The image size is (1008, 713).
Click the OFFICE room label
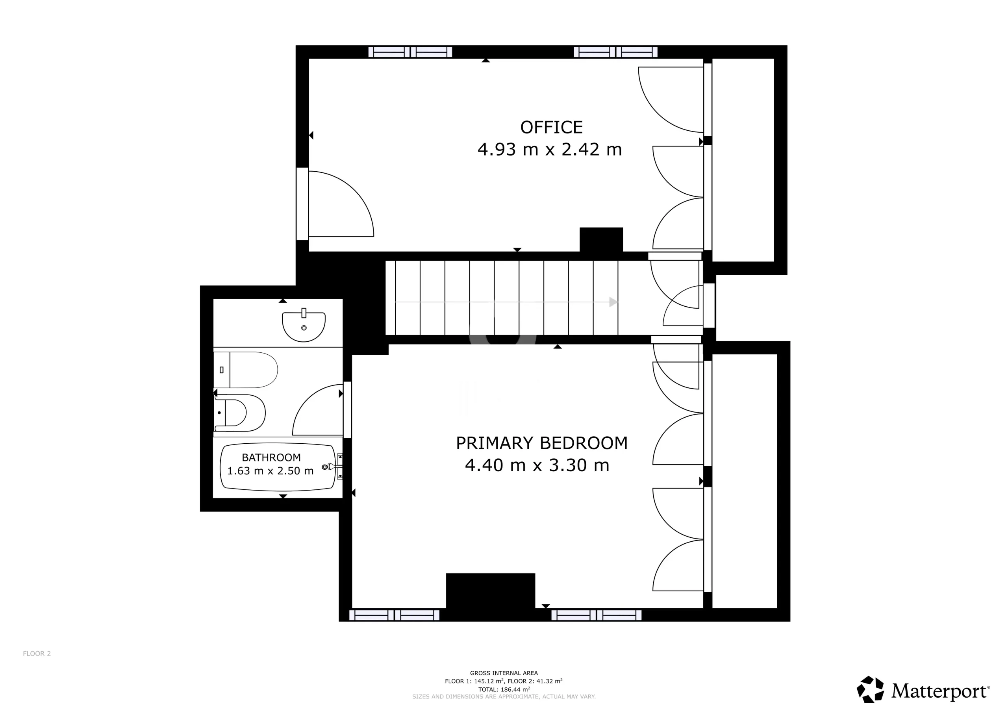[551, 127]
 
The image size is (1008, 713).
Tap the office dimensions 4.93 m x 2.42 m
[550, 150]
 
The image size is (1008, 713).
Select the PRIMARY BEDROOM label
[542, 443]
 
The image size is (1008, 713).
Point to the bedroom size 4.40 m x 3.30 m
[537, 465]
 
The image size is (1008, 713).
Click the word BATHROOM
[271, 457]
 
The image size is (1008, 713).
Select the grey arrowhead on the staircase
[613, 302]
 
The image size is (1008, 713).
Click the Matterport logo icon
[871, 689]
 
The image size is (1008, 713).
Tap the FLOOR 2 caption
[37, 654]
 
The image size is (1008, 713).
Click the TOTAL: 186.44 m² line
[504, 689]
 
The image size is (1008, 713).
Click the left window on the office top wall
[410, 52]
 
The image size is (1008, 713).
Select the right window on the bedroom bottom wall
[596, 615]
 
